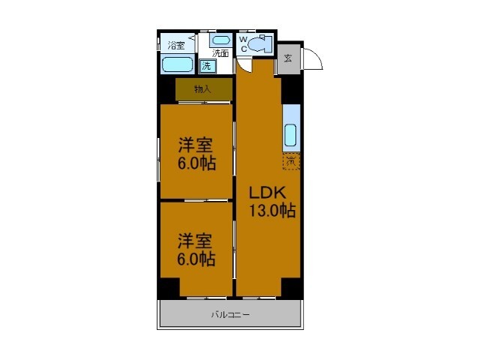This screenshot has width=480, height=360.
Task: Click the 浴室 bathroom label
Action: (175, 44)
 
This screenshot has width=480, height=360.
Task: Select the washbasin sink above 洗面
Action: (220, 40)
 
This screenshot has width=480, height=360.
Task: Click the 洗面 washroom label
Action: (220, 53)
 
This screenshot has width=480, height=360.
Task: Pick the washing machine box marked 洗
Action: (207, 66)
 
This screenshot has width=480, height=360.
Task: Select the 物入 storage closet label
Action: (202, 89)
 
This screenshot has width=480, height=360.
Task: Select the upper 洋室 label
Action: (194, 146)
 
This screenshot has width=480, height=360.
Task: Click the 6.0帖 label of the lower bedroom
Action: (196, 259)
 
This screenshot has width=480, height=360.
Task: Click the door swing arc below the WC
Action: (246, 66)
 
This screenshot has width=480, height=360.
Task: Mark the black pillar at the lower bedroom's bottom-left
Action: (169, 288)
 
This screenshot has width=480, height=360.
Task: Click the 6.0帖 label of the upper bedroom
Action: (196, 164)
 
